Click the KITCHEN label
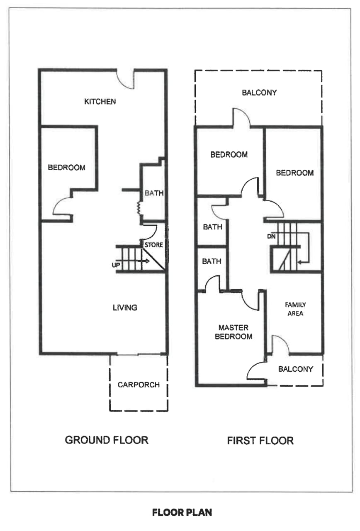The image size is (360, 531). (100, 102)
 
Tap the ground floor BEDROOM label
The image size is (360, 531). (67, 168)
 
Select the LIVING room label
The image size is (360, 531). (125, 308)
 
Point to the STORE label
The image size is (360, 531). (154, 245)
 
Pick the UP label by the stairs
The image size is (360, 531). (116, 265)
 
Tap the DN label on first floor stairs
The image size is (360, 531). (271, 236)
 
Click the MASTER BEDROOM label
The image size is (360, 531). (234, 332)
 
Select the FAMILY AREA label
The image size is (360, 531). (295, 309)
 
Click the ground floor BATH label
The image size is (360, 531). (154, 193)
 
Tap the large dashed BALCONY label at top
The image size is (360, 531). (259, 93)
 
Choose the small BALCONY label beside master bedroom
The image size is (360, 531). (296, 369)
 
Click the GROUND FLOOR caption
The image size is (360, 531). (107, 440)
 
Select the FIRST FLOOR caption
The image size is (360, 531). (260, 441)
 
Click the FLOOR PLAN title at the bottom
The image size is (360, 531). (182, 512)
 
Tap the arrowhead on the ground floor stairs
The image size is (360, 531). (147, 261)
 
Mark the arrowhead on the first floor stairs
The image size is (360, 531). (299, 262)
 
